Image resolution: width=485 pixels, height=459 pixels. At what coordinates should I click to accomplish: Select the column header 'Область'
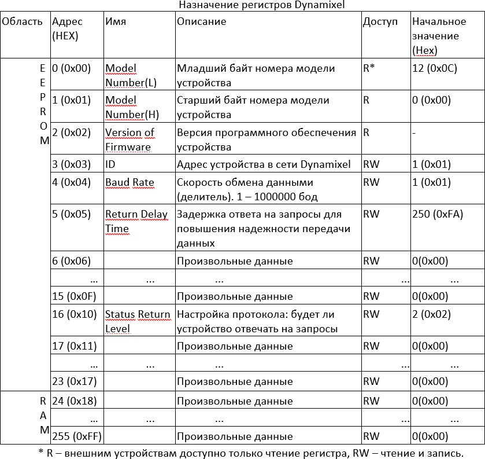coord(22,22)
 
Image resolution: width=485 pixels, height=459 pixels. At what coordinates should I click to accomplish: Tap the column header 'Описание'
coord(201,22)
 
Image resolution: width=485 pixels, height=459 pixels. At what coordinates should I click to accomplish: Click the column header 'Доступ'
coord(380,22)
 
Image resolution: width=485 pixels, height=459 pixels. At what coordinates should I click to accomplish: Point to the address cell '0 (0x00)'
coord(72,68)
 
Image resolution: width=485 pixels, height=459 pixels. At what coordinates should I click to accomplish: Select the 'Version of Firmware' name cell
coord(129,139)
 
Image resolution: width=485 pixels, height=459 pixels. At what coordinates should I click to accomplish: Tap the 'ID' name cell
coord(110,164)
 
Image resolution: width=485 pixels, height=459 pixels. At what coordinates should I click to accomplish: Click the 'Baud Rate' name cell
coord(129,183)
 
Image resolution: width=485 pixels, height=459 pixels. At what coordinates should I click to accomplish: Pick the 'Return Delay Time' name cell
coord(136,221)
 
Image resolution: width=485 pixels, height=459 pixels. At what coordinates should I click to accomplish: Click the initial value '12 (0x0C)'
coord(434,68)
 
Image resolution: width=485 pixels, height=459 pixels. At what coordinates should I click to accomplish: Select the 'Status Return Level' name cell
coord(138,322)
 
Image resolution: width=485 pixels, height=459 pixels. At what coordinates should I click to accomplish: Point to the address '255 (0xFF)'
coord(74,436)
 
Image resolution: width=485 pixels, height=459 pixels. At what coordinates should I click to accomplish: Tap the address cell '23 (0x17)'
coord(72,381)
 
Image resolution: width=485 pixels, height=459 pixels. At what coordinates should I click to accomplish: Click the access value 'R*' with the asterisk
coord(369,68)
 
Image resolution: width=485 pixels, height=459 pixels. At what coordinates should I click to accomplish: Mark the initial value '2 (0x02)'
coord(431,315)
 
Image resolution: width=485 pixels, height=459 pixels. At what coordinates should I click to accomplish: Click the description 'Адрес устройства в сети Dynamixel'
coord(264,164)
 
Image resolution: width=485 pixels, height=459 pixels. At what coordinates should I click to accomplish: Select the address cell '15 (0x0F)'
coord(74,297)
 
